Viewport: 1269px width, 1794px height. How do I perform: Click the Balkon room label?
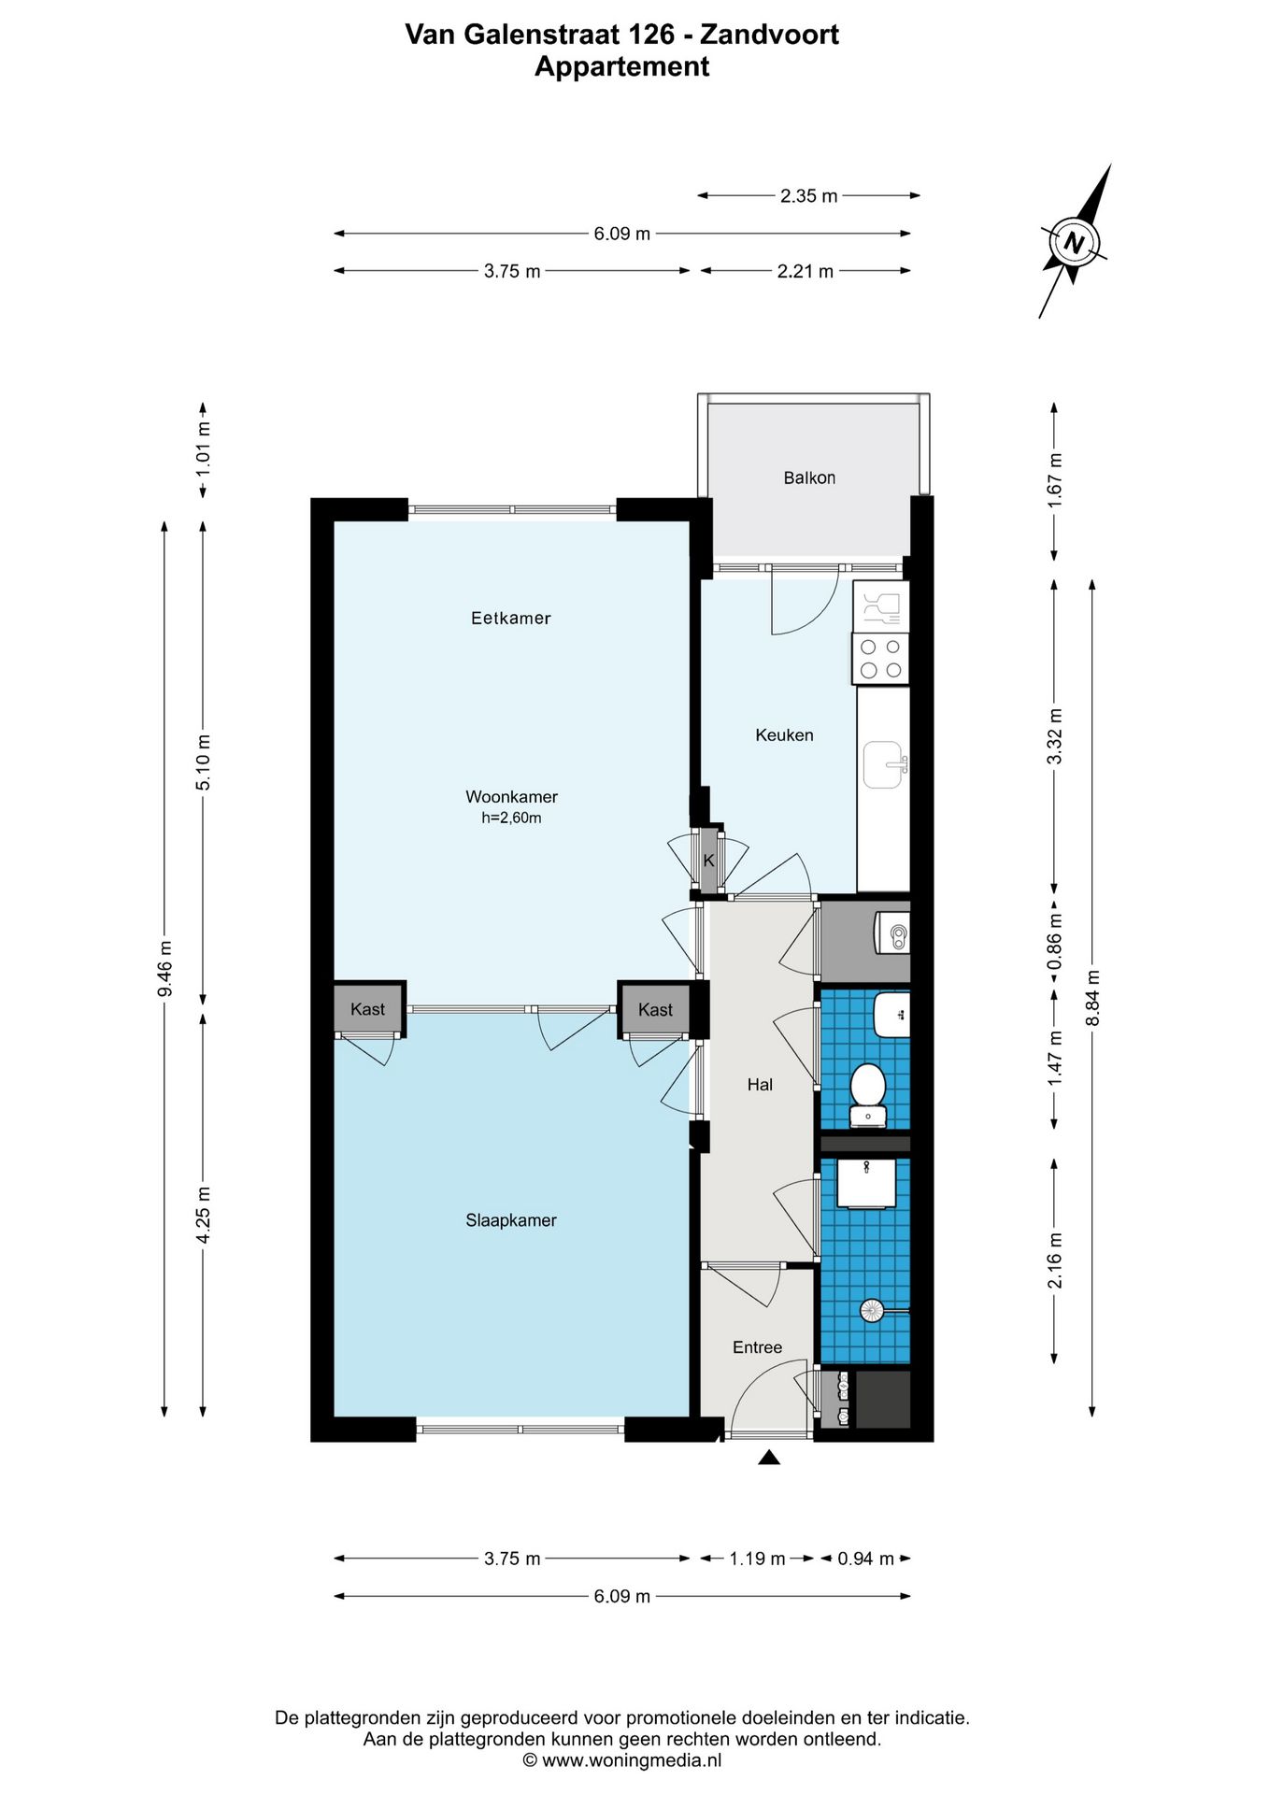click(809, 477)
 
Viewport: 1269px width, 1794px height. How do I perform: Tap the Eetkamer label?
click(511, 618)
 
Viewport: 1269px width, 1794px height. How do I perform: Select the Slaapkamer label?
click(511, 1220)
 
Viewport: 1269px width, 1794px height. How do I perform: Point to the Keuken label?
click(784, 735)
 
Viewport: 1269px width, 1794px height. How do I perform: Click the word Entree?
click(757, 1347)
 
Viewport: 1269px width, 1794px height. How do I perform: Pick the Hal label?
click(760, 1085)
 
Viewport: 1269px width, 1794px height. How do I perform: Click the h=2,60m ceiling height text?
click(511, 819)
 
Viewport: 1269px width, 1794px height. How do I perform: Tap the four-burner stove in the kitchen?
click(880, 658)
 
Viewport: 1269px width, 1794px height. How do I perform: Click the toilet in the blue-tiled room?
click(868, 1094)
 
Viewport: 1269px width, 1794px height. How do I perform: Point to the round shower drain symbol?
click(871, 1310)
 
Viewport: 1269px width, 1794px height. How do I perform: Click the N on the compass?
click(1075, 244)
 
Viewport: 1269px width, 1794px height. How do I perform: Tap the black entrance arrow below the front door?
click(769, 1457)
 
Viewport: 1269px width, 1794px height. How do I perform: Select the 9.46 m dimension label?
click(165, 967)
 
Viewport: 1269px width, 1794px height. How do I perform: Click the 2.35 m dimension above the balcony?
click(809, 196)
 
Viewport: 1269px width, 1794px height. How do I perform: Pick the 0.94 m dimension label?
click(865, 1559)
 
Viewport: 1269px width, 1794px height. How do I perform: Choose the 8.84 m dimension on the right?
click(1092, 998)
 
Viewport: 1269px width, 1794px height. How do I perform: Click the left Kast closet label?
click(367, 1009)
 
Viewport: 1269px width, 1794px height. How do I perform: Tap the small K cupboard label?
click(708, 861)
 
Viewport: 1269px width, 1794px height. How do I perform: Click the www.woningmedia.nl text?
click(632, 1760)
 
